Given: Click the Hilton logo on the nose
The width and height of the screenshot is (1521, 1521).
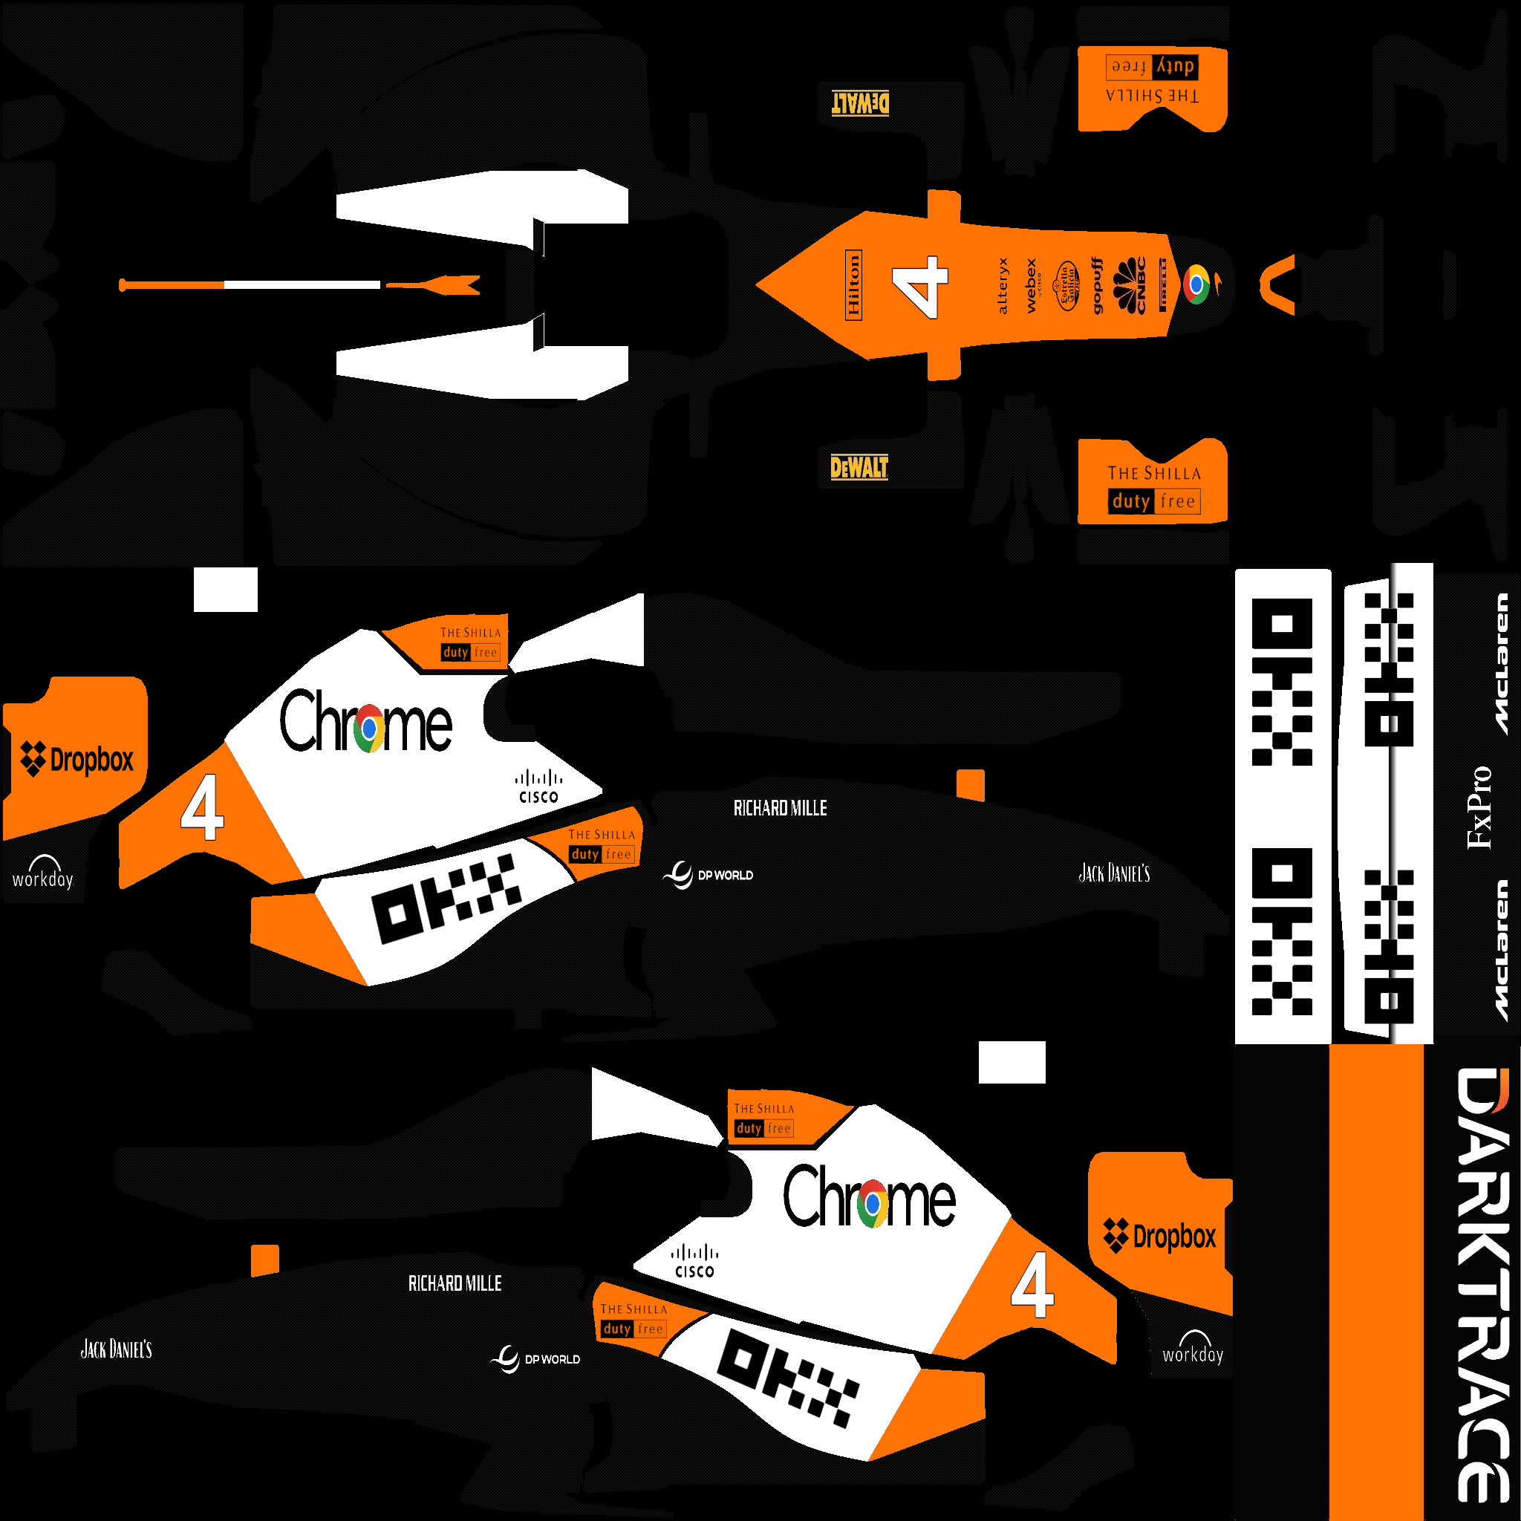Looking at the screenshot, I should tap(853, 285).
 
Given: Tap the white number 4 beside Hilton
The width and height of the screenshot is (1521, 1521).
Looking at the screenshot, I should tap(920, 287).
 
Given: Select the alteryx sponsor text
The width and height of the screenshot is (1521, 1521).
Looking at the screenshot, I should tap(1002, 286).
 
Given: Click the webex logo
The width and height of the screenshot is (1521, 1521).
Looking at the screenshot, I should tap(1032, 286).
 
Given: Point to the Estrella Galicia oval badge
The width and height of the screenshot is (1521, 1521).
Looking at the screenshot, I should tap(1067, 286).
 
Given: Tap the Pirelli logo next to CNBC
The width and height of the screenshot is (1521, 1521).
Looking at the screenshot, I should tap(1162, 285).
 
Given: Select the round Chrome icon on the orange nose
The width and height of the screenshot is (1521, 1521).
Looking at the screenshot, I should tap(1196, 285).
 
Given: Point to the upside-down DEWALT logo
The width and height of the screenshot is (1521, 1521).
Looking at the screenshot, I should tap(861, 103).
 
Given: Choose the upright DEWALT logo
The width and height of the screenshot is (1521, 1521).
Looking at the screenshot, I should tap(859, 468).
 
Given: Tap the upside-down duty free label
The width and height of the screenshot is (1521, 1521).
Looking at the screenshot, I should tap(1152, 67).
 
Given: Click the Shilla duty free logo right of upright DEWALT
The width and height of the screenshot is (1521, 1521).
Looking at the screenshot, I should tap(1154, 488).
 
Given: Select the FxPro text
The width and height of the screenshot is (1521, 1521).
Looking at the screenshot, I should tap(1479, 808).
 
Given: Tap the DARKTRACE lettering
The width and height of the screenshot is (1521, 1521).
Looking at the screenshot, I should tap(1483, 1283).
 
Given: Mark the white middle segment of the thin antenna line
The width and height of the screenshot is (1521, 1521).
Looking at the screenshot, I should tap(302, 284).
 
